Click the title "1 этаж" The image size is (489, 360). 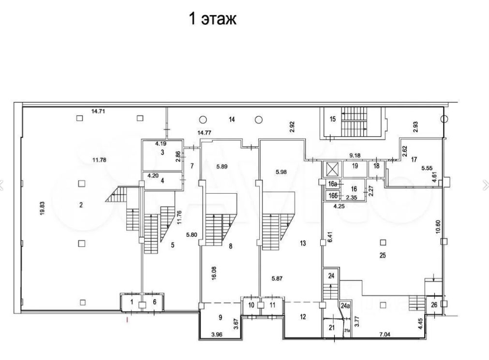212,19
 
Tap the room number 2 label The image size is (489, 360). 81,205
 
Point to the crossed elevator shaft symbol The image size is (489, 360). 332,169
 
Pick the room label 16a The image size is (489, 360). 332,184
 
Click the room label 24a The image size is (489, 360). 345,306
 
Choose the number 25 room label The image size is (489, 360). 383,256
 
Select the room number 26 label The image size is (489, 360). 433,304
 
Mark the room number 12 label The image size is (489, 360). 303,317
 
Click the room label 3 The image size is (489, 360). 163,152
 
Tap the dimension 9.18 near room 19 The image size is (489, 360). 356,156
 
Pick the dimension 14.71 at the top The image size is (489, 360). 98,111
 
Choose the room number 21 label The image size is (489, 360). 331,328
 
